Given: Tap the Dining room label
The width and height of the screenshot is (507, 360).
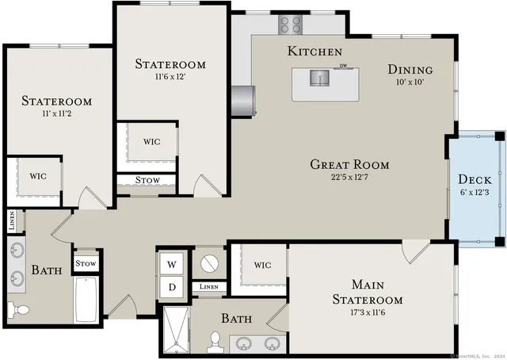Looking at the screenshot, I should pos(410,69).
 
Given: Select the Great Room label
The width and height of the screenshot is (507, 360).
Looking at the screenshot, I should pos(349,165).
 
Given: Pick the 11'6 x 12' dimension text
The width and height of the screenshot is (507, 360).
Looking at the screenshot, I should pos(170,78).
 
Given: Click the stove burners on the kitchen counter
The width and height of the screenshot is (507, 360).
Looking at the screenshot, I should pos(291,25).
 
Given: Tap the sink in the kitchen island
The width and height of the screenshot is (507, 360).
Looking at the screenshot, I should pos(321,79).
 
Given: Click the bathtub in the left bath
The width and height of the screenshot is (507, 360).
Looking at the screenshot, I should pos(86,299).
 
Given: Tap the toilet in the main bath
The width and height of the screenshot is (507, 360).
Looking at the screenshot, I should pos(214,342).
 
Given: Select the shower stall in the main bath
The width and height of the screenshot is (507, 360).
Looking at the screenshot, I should pos(177,328).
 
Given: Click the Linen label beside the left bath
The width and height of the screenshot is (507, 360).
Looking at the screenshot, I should pos(12,221).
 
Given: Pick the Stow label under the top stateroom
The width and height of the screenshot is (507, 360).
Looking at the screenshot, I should pos(147,180).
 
